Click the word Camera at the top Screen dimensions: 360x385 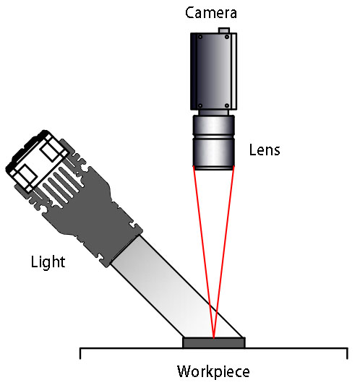click(211, 13)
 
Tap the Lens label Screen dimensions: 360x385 click(265, 150)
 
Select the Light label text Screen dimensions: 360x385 click(48, 262)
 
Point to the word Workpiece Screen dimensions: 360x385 click(213, 372)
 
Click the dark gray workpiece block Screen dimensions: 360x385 click(214, 343)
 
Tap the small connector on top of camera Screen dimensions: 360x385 click(224, 30)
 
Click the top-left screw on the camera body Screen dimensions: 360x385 click(200, 37)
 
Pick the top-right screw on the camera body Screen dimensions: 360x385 click(227, 37)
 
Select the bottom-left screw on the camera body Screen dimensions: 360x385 click(200, 105)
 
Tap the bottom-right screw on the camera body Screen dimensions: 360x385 click(227, 105)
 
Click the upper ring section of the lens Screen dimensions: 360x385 click(213, 125)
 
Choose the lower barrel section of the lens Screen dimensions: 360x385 click(213, 152)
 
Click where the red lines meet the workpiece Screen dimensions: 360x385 click(214, 338)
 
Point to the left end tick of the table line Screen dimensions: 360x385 click(80, 353)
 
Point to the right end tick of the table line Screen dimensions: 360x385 click(347, 353)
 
